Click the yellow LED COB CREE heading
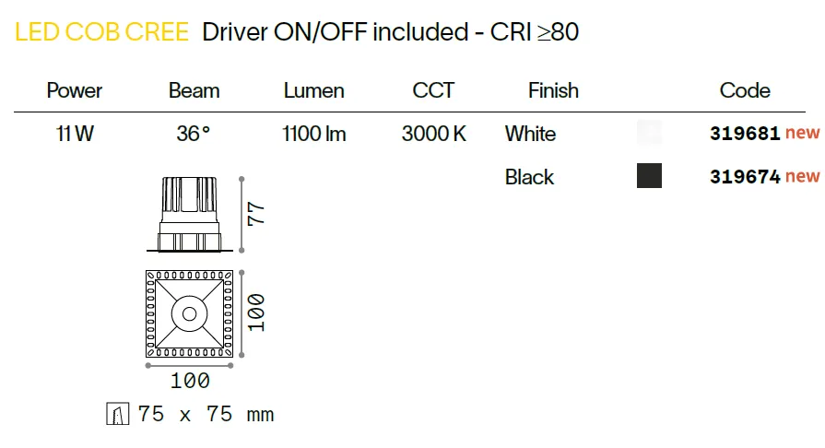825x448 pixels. click(101, 32)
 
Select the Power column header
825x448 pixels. click(74, 90)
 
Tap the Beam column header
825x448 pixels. click(194, 90)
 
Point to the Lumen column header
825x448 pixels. click(313, 90)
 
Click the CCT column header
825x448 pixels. click(433, 90)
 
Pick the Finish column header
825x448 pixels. click(553, 90)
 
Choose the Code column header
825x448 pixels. click(745, 90)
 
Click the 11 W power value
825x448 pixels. click(75, 134)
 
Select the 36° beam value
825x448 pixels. click(193, 134)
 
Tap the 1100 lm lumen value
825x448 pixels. click(314, 134)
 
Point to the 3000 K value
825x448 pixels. click(434, 134)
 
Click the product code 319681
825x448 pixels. click(745, 133)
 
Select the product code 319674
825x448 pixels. click(745, 176)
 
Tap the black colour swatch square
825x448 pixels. click(649, 176)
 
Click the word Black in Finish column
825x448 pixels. click(529, 177)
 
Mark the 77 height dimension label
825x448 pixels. click(256, 214)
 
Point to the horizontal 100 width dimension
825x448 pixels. click(190, 381)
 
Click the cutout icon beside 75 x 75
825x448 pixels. click(117, 414)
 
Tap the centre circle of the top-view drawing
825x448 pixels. click(189, 314)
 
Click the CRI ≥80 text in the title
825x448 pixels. click(535, 32)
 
